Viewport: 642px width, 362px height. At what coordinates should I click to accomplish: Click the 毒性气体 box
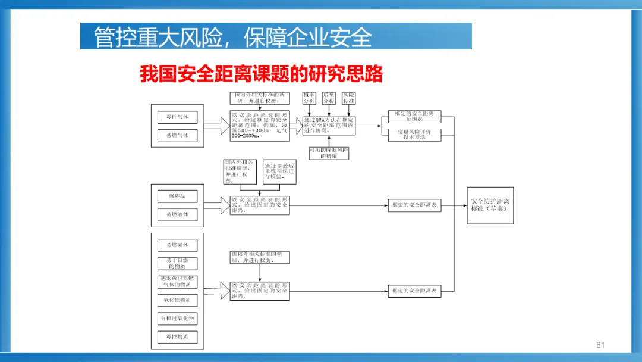[177, 117]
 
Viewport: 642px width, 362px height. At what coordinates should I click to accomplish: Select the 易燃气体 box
[177, 135]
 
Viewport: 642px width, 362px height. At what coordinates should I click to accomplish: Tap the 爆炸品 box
[177, 196]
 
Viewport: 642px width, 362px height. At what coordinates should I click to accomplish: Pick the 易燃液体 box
[177, 214]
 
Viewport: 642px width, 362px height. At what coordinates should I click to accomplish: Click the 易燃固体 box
[177, 245]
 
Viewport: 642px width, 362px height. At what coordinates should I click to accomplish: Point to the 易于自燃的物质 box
[177, 263]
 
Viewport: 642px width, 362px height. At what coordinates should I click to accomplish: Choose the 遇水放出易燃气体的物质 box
[177, 282]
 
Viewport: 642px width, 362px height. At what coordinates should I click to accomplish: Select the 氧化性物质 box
[177, 300]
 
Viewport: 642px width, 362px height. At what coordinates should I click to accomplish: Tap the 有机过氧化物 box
[177, 319]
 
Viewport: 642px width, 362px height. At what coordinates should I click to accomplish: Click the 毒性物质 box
[177, 337]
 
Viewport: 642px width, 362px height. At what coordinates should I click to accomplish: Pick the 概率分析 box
[309, 98]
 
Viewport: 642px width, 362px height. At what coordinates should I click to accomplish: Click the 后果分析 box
[329, 98]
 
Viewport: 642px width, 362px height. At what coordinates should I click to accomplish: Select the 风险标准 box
[348, 98]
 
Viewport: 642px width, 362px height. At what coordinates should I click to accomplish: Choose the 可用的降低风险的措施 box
[329, 153]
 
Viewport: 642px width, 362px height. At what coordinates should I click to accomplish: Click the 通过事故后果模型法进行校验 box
[279, 171]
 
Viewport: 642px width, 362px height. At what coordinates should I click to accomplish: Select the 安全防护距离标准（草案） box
[490, 205]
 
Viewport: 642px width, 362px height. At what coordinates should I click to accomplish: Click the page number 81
[600, 345]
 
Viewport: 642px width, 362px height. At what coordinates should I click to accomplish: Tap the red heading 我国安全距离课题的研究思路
[262, 74]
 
